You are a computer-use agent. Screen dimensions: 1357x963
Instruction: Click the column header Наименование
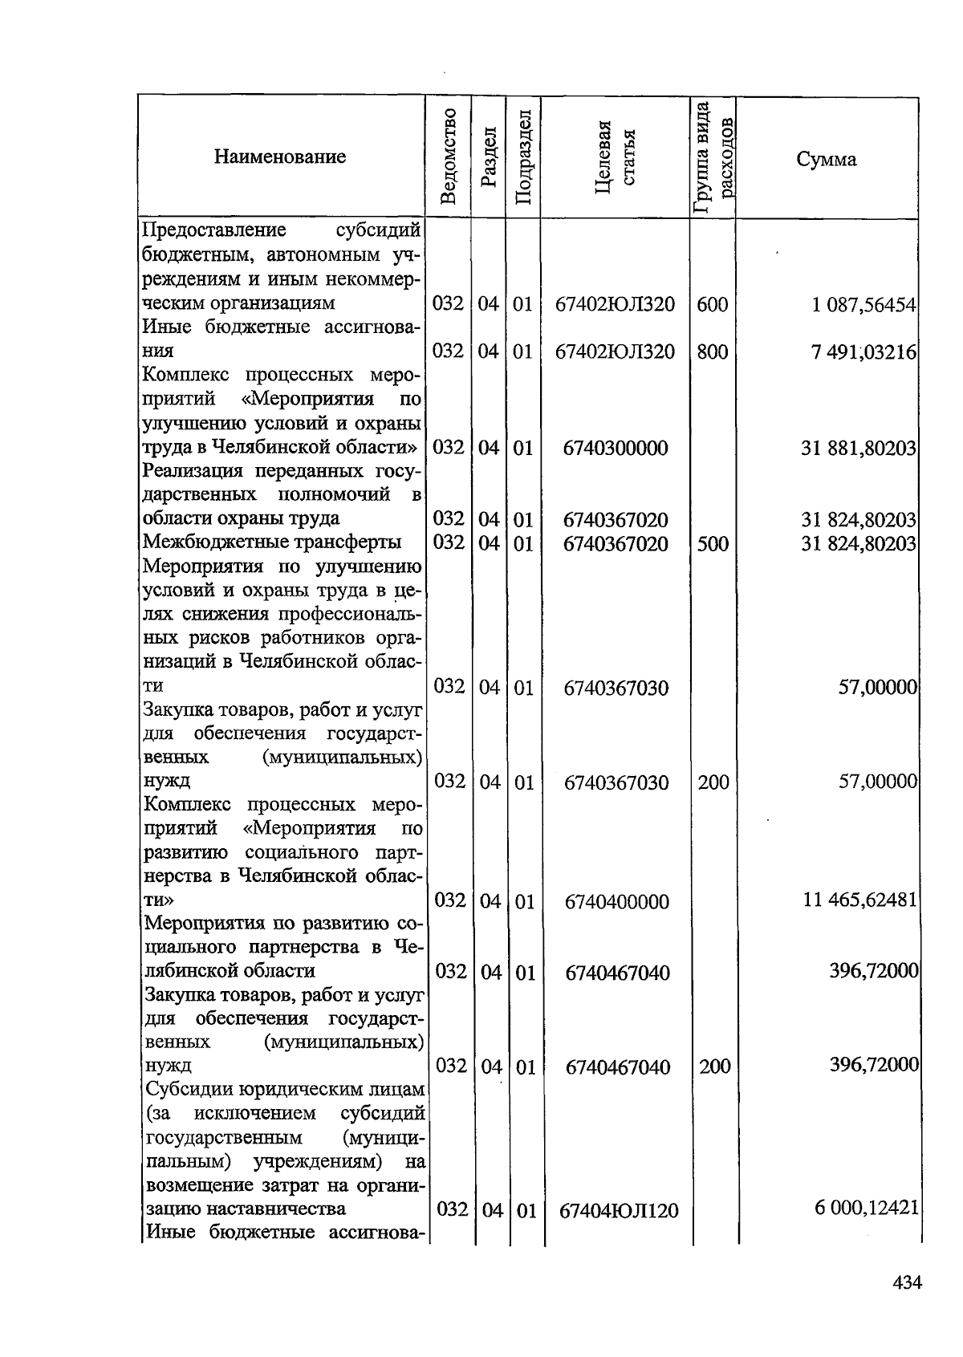280,156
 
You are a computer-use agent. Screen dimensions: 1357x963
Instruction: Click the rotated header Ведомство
449,156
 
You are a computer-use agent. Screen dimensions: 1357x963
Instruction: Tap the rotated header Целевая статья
616,156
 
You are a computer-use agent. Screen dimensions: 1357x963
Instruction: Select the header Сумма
826,159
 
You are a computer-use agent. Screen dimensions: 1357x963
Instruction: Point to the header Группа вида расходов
713,156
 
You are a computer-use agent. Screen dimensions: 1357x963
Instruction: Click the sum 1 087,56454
863,305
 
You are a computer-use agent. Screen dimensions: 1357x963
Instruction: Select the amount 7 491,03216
863,352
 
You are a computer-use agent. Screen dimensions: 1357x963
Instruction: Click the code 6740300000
616,448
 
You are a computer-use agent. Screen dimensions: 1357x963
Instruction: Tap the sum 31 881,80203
859,448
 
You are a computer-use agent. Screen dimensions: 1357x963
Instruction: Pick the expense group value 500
713,544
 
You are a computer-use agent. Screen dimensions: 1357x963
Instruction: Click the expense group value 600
713,305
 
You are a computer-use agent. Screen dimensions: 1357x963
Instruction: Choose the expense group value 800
713,352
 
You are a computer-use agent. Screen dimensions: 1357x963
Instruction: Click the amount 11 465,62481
859,900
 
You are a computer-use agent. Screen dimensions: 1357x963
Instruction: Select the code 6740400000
616,902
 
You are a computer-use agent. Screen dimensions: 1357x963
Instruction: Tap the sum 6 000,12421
866,1209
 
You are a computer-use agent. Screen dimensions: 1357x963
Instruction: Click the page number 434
907,1282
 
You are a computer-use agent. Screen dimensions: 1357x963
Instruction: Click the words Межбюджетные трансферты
272,542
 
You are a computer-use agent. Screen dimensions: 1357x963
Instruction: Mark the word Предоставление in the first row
214,231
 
